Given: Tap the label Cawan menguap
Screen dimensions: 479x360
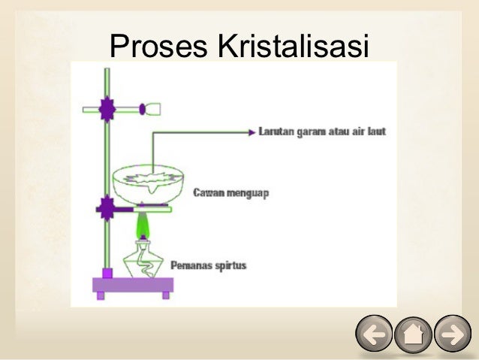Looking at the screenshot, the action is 231,193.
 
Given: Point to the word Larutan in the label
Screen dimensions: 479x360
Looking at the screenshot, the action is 276,132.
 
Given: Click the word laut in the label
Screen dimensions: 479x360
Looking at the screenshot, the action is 375,132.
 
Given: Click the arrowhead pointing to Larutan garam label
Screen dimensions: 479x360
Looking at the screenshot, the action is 252,132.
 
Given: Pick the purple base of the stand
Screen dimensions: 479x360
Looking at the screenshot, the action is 133,285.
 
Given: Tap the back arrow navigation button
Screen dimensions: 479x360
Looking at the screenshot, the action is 373,334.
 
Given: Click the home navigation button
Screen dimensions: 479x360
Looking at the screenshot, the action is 413,334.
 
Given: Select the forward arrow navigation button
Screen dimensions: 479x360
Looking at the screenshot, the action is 452,334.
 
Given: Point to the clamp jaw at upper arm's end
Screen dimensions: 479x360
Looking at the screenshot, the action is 153,110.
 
